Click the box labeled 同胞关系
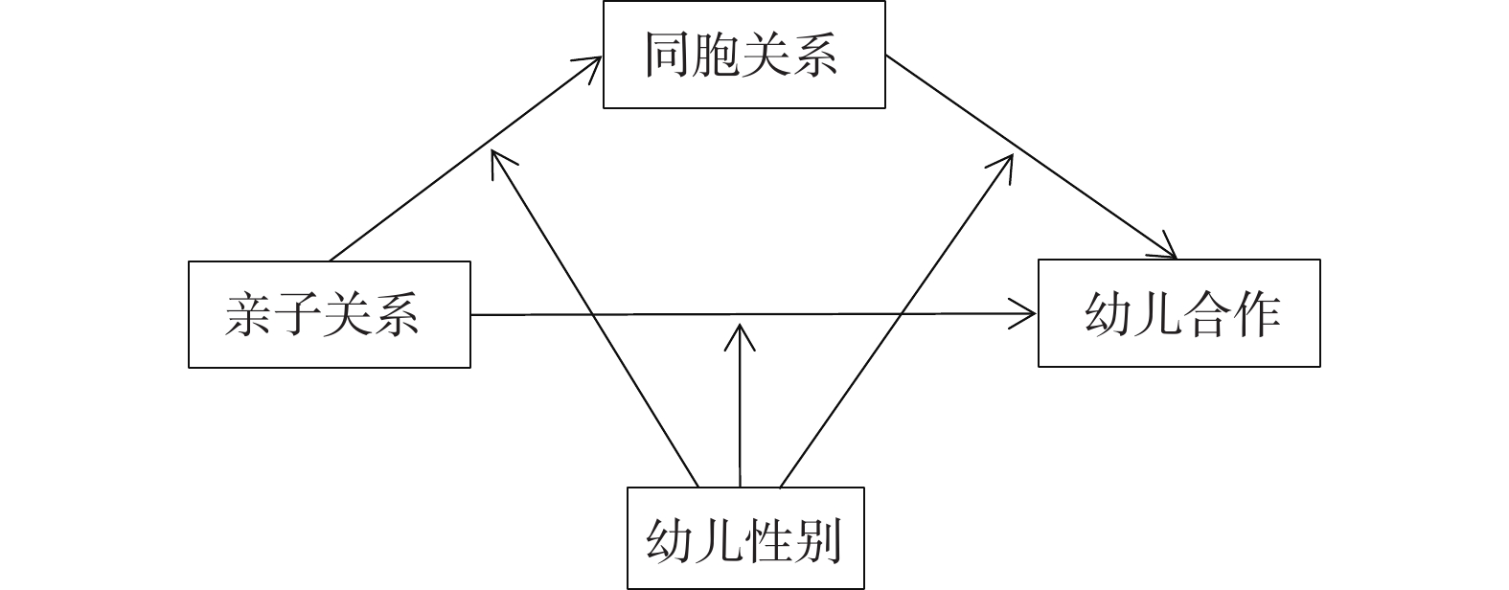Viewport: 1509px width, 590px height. coord(743,55)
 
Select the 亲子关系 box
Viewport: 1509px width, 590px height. coord(329,314)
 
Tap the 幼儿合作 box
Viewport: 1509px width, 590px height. coord(1178,312)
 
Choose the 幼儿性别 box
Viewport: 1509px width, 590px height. coord(744,538)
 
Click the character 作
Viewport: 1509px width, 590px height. coord(1256,312)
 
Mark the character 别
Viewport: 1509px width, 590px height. coord(817,539)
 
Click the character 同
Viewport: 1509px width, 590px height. coord(668,55)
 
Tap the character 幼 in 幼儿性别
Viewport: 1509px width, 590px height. coord(671,539)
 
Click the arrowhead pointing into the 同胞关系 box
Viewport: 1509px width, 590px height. coord(596,60)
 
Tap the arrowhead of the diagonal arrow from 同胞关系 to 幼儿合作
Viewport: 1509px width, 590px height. coord(1171,253)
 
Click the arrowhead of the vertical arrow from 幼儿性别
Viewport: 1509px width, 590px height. coord(740,330)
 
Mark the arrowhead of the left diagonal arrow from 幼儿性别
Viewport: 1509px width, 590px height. coord(494,156)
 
